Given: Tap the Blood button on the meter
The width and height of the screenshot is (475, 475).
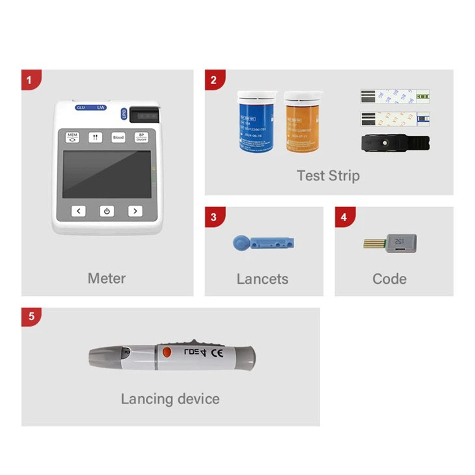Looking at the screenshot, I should [118, 138].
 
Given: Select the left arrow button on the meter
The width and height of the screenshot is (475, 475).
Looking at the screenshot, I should [79, 211].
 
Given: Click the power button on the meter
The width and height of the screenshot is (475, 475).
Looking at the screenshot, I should [107, 211].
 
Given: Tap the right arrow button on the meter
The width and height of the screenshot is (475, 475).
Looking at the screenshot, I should [135, 211].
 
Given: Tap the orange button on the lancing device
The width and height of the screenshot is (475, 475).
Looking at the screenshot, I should [167, 353].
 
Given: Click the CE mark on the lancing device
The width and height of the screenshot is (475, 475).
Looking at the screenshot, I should [219, 354].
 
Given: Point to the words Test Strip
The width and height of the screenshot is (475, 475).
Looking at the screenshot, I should [328, 176].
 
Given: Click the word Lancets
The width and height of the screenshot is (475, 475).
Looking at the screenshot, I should [262, 279].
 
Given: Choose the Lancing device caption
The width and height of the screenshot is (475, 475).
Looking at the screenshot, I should [170, 399].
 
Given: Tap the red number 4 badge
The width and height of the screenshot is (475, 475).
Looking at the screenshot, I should [344, 217].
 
